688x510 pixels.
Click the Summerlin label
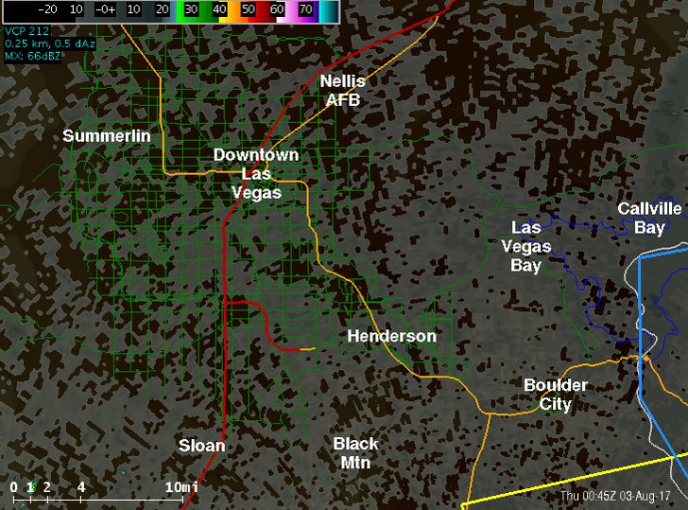pos(107,136)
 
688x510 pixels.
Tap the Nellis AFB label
pos(342,90)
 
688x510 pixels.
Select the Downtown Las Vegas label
pos(256,173)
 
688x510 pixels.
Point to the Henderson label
pos(391,336)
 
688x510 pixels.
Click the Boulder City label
pos(556,395)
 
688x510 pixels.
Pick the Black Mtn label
pos(356,452)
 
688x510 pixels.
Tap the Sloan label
pos(202,445)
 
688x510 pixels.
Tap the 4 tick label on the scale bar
pos(81,486)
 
